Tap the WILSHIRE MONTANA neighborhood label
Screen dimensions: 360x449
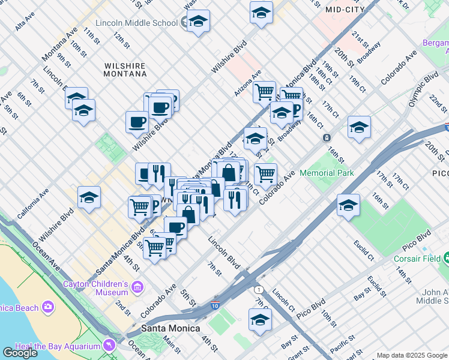point(125,69)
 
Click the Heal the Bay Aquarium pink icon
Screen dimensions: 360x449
point(109,346)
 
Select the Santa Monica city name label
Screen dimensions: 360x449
point(166,328)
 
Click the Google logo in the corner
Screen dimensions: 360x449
point(20,352)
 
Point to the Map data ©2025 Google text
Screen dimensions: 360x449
point(411,355)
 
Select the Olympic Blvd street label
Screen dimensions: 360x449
point(424,91)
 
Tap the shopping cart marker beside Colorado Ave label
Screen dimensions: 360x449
point(265,174)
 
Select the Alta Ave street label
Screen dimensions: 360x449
point(26,26)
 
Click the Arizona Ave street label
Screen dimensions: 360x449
point(248,83)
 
